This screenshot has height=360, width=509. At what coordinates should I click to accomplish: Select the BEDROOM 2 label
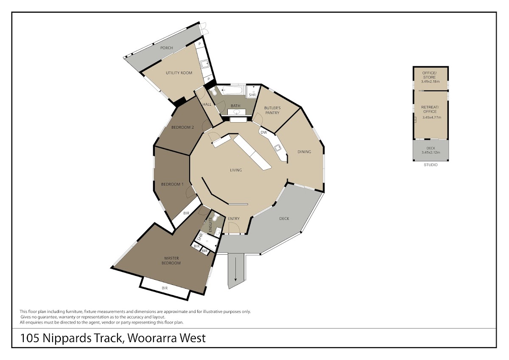(182, 127)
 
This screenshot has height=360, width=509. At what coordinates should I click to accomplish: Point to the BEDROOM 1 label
(172, 184)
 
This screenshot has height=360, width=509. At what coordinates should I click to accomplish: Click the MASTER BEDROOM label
(172, 260)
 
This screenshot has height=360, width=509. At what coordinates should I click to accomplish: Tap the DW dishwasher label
(263, 132)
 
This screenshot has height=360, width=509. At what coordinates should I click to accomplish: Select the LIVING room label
(236, 170)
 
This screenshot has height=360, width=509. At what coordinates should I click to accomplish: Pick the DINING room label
(304, 152)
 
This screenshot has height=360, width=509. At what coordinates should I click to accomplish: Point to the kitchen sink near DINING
(278, 148)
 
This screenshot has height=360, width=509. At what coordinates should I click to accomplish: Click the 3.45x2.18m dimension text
(431, 82)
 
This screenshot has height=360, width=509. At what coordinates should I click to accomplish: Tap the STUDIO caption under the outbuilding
(431, 165)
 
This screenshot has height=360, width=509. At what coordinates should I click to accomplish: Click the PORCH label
(167, 48)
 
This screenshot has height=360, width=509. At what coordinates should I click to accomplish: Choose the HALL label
(207, 104)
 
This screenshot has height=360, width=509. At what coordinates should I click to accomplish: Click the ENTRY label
(234, 219)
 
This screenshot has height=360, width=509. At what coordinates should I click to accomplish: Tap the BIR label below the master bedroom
(165, 288)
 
